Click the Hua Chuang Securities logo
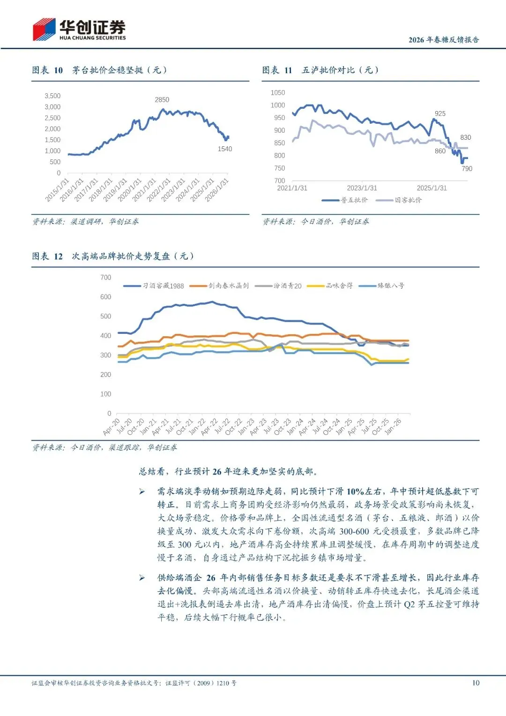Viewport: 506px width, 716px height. [x=79, y=30]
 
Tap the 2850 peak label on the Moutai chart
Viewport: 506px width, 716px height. [x=162, y=100]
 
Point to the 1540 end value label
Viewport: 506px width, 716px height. [x=225, y=149]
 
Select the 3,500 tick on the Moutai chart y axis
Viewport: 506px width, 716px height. [x=52, y=96]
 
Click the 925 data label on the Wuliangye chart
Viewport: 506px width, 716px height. [x=440, y=114]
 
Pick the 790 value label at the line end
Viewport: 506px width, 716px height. [x=467, y=169]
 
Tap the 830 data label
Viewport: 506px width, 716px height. [x=465, y=138]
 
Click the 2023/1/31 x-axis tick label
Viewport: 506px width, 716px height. [x=362, y=188]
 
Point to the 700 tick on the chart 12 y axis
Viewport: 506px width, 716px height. [x=105, y=278]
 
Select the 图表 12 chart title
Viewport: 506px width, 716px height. [x=112, y=256]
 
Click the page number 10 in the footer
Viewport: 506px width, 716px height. [x=476, y=683]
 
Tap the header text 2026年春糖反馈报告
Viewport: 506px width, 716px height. [x=444, y=40]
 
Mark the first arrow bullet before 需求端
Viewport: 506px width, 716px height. [x=142, y=491]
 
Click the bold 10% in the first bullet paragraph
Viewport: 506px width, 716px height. [x=355, y=491]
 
